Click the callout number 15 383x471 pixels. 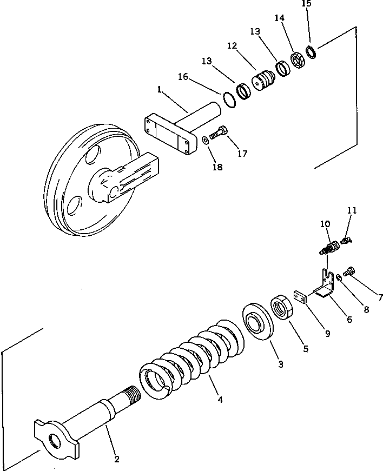pos(306,4)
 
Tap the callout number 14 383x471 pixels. pos(279,18)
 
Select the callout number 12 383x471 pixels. pos(232,46)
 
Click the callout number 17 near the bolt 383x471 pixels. pos(242,154)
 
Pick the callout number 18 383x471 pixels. pos(217,167)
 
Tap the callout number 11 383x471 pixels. pos(352,210)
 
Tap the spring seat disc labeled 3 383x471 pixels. pos(257,323)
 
